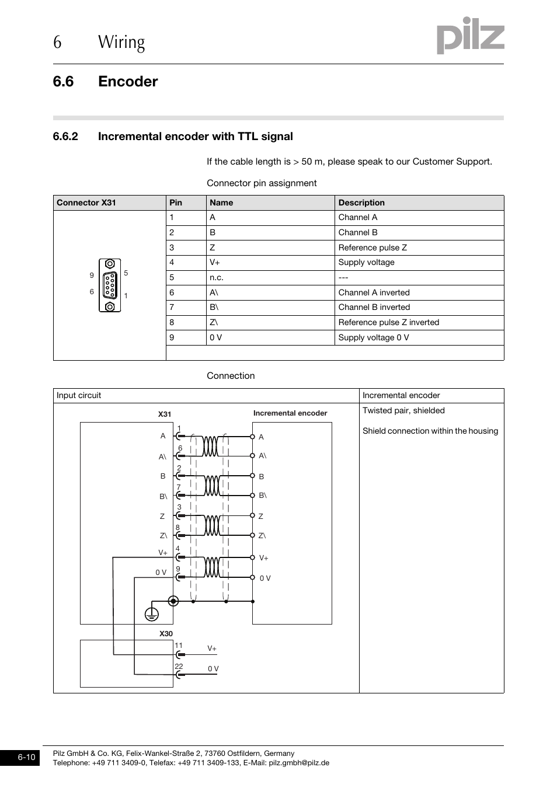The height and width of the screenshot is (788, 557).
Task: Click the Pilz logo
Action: pyautogui.click(x=470, y=36)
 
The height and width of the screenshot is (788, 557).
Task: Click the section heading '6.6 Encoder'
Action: pyautogui.click(x=105, y=82)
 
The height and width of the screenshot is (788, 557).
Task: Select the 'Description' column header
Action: pyautogui.click(x=361, y=203)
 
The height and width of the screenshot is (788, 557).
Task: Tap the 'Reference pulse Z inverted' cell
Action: pyautogui.click(x=388, y=322)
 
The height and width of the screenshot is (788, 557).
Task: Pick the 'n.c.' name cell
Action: pyautogui.click(x=217, y=277)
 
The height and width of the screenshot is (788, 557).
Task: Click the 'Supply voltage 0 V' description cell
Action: pyautogui.click(x=373, y=337)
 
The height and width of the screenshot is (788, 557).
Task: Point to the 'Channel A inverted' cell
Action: pyautogui.click(x=374, y=292)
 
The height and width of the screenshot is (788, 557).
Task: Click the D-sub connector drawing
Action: pyautogui.click(x=110, y=285)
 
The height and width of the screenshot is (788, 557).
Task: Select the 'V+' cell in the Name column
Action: pyautogui.click(x=215, y=263)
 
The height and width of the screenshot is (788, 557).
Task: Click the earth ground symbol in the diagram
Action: pyautogui.click(x=152, y=613)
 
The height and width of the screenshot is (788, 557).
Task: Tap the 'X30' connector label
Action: pyautogui.click(x=166, y=633)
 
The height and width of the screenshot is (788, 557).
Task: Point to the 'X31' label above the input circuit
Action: pyautogui.click(x=165, y=414)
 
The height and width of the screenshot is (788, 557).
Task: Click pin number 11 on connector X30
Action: pyautogui.click(x=179, y=646)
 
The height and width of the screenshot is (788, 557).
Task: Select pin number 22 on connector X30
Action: pyautogui.click(x=179, y=666)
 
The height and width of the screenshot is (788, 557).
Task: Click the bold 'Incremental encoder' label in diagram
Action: pyautogui.click(x=290, y=413)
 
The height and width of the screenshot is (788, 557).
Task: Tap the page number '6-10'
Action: pyautogui.click(x=26, y=758)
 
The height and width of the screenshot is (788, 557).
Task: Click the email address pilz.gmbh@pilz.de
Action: pyautogui.click(x=299, y=762)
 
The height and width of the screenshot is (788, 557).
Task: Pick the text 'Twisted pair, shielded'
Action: pyautogui.click(x=403, y=410)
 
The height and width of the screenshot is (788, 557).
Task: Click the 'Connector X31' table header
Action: pyautogui.click(x=86, y=203)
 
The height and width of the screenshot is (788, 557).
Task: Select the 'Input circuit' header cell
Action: pyautogui.click(x=79, y=395)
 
